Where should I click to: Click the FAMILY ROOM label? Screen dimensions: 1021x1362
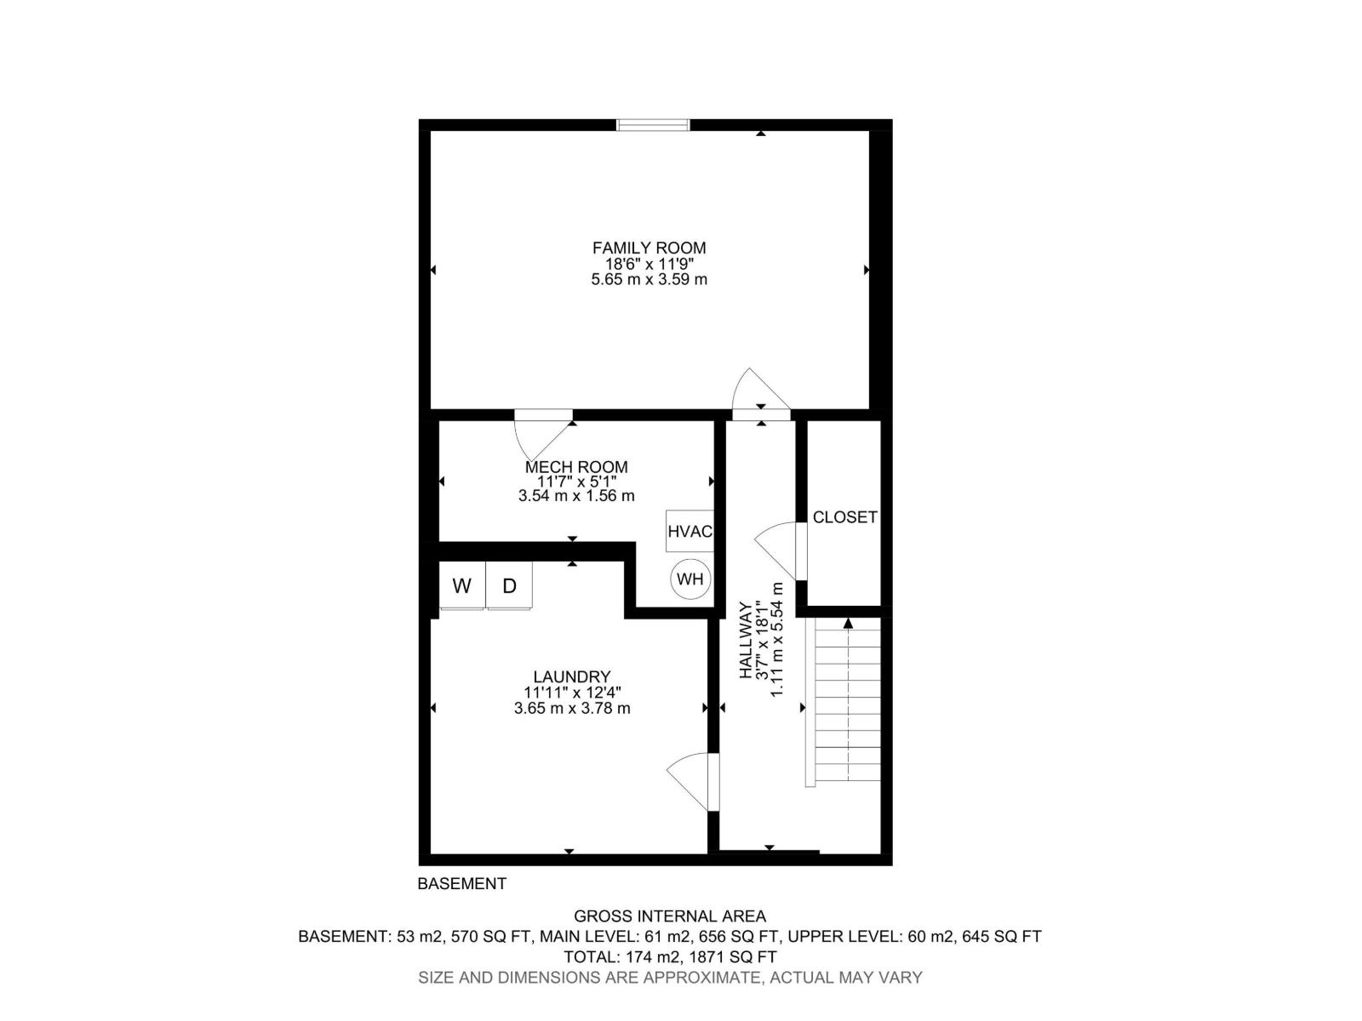pos(649,248)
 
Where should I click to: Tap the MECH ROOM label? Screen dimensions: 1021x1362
pos(576,467)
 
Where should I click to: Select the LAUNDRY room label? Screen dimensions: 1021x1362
pos(566,677)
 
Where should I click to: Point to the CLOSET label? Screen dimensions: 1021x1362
pos(844,517)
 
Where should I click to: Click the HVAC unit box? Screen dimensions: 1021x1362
pos(690,532)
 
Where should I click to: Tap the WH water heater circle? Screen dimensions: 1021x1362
pos(690,579)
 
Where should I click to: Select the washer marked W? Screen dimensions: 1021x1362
pos(461,585)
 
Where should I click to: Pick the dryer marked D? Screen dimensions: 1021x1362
pos(509,585)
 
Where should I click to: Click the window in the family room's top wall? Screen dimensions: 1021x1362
pos(653,125)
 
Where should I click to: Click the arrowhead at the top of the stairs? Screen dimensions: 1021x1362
pos(848,624)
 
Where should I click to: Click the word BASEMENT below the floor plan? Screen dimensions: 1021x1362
pos(461,884)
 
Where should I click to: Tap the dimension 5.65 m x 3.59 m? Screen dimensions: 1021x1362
pos(649,279)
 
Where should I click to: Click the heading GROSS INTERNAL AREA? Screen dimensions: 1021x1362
pos(669,916)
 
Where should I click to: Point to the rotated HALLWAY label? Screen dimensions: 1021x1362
pos(746,640)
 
